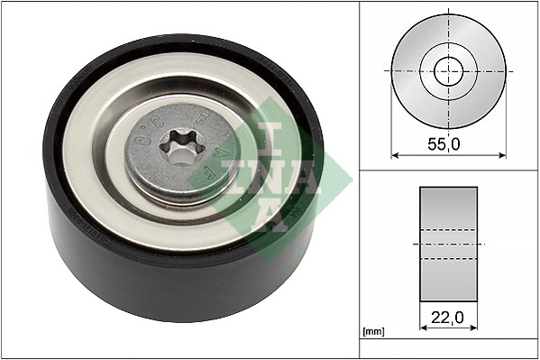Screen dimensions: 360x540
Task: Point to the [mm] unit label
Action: pos(372,332)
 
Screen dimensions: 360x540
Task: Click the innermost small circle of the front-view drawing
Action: pos(447,69)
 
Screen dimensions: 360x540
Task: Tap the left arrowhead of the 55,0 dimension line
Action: pos(394,154)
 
